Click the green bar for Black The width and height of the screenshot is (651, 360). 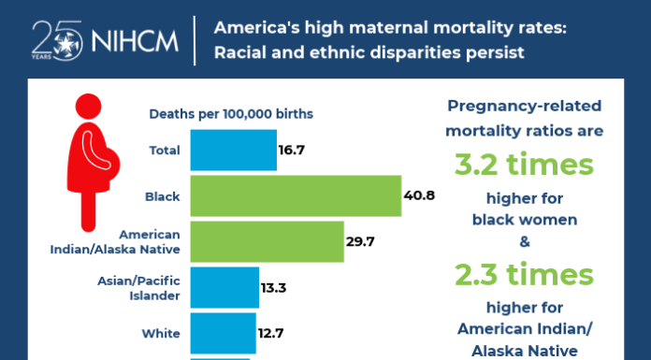pos(296,196)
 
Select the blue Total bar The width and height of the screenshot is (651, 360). pos(234,150)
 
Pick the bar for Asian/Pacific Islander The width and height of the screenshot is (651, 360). pos(224,287)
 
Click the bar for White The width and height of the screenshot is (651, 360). pos(223,332)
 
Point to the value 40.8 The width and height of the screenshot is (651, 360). pos(419,196)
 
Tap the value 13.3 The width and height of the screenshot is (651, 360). pos(273,287)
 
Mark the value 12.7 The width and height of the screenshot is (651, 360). pos(271,332)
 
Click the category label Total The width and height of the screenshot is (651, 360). pos(166,151)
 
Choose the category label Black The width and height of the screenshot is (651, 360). pos(163,196)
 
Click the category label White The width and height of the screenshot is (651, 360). pos(161,332)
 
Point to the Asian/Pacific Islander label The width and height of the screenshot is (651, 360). pos(139,287)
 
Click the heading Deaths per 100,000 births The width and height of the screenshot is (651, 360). pos(231,114)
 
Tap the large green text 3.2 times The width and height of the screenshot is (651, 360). pos(524,166)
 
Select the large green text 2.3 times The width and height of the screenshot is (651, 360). pos(524,275)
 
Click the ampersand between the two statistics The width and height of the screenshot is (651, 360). pos(524,241)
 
